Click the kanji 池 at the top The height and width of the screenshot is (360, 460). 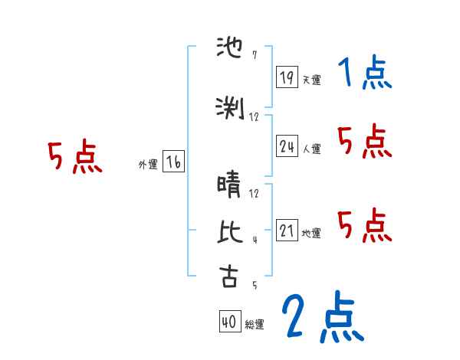pos(229,51)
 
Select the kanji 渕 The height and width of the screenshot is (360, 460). pos(229,110)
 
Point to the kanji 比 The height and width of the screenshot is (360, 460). pos(229,233)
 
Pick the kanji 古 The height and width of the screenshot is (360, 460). pos(229,277)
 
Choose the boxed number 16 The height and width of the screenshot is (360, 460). pos(173,162)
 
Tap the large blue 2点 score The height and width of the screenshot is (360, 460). pos(321,318)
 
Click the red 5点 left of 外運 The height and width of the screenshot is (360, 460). pos(74,158)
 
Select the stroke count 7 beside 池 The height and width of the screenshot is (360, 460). pos(254,55)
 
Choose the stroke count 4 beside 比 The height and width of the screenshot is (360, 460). pos(254,241)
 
